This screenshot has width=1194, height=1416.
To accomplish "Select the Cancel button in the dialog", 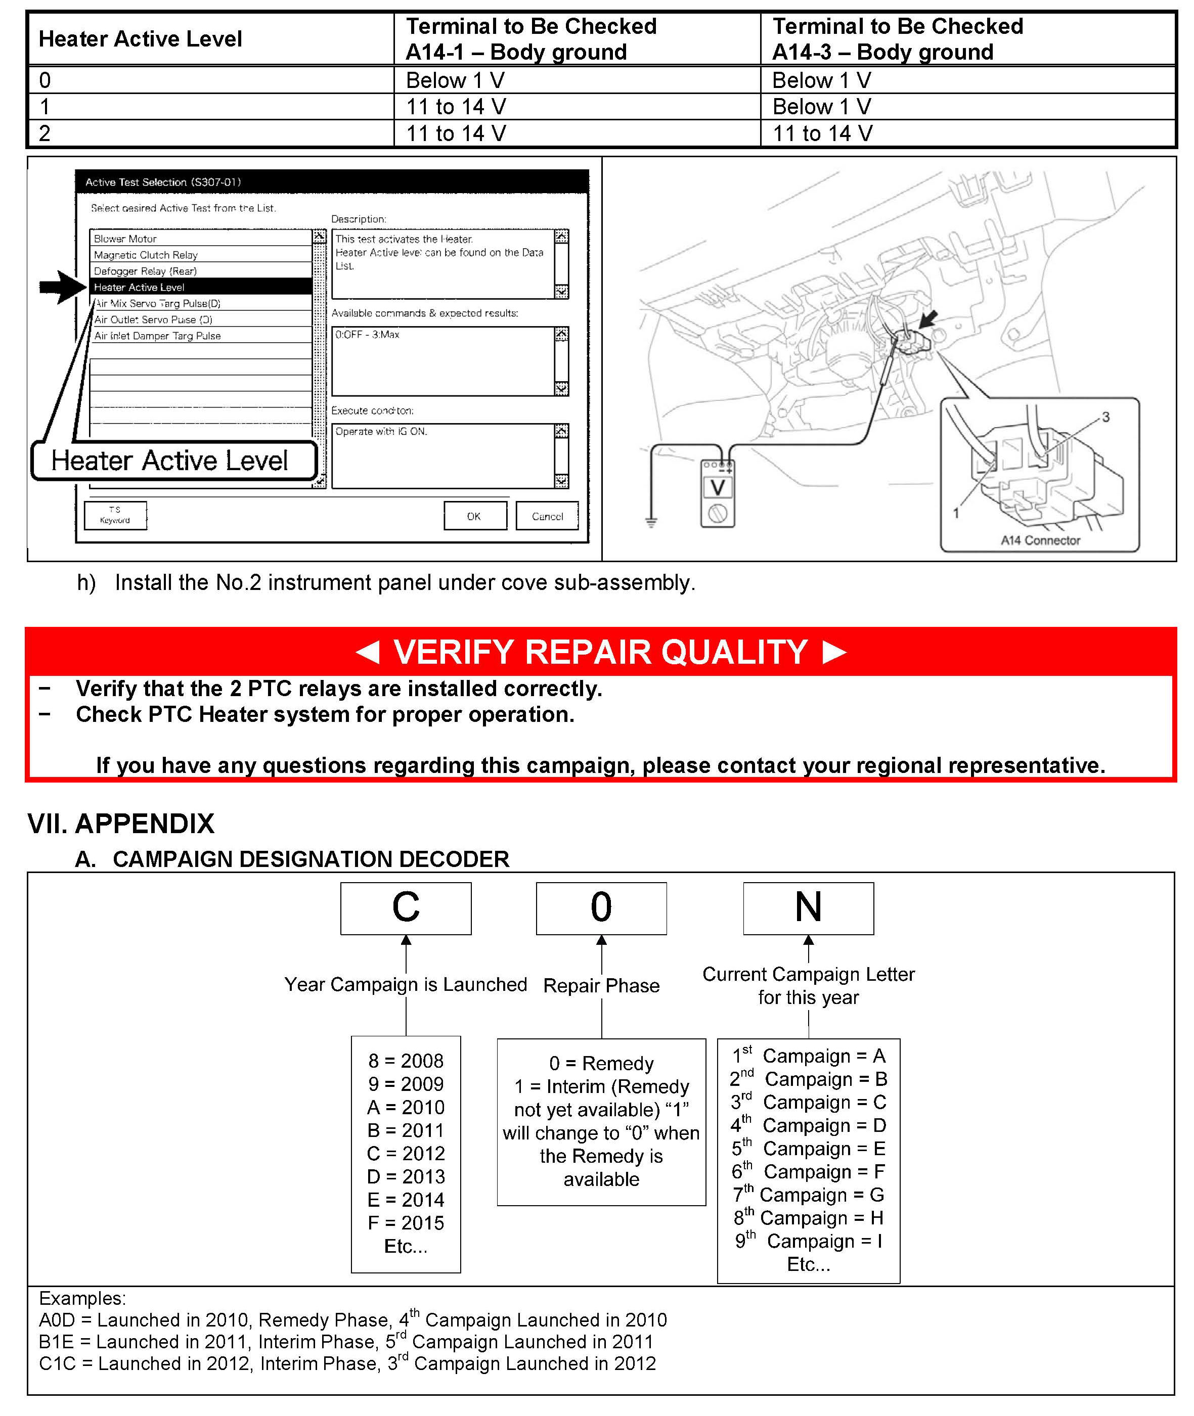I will click(x=547, y=516).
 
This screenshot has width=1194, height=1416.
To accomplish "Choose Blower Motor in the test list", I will click(x=125, y=239).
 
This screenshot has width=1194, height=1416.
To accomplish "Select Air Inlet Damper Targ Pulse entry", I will click(x=157, y=336).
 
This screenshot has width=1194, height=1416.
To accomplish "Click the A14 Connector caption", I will click(x=1040, y=540).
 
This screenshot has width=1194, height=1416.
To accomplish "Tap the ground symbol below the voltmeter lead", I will click(x=651, y=522).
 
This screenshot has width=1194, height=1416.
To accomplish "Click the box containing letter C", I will click(x=406, y=908).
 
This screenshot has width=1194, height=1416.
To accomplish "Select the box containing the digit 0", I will click(x=601, y=908).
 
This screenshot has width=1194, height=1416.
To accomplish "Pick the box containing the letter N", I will click(x=808, y=908).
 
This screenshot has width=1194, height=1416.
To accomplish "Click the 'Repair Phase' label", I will click(x=601, y=986).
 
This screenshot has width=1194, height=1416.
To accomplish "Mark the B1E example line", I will click(x=345, y=1342).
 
